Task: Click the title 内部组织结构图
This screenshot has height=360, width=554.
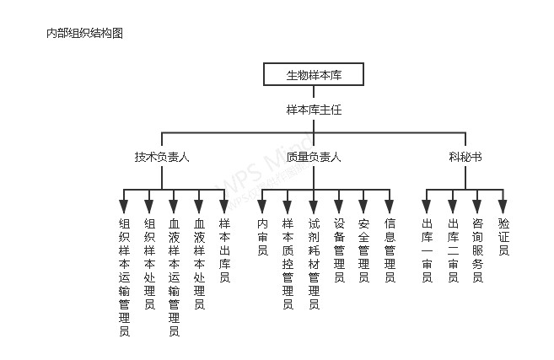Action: (85, 33)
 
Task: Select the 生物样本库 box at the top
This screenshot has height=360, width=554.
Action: (314, 74)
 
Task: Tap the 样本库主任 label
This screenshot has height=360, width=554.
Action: (314, 110)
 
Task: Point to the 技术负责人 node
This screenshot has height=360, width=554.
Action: (162, 157)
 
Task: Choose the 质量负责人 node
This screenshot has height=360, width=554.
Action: (314, 157)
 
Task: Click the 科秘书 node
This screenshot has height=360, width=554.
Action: (465, 157)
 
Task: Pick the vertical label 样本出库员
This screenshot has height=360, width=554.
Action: (224, 250)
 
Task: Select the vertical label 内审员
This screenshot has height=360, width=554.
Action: (262, 237)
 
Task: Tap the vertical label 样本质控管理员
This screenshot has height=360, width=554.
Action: (288, 264)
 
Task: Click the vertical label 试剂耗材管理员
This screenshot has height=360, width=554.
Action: (314, 264)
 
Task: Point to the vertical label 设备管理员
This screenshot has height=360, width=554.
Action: (339, 250)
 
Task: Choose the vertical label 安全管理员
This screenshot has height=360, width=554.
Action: (363, 250)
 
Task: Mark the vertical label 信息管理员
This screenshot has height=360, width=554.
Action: (390, 250)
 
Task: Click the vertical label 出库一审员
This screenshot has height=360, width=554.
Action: (427, 250)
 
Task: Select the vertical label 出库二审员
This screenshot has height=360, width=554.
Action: (453, 250)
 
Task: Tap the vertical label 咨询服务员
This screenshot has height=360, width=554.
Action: (477, 250)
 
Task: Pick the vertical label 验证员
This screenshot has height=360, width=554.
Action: (503, 237)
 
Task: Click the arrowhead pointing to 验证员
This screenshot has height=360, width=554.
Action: (503, 207)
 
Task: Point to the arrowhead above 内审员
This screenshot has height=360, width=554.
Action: (261, 207)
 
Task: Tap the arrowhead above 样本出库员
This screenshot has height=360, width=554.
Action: (224, 207)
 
